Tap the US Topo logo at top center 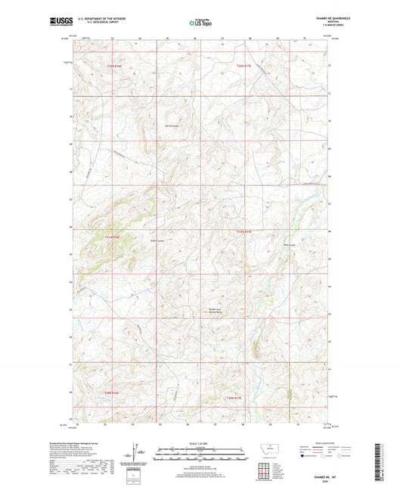[201, 23]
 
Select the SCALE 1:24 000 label [201, 443]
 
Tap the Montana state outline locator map [271, 448]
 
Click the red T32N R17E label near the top [242, 68]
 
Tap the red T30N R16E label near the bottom [113, 392]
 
